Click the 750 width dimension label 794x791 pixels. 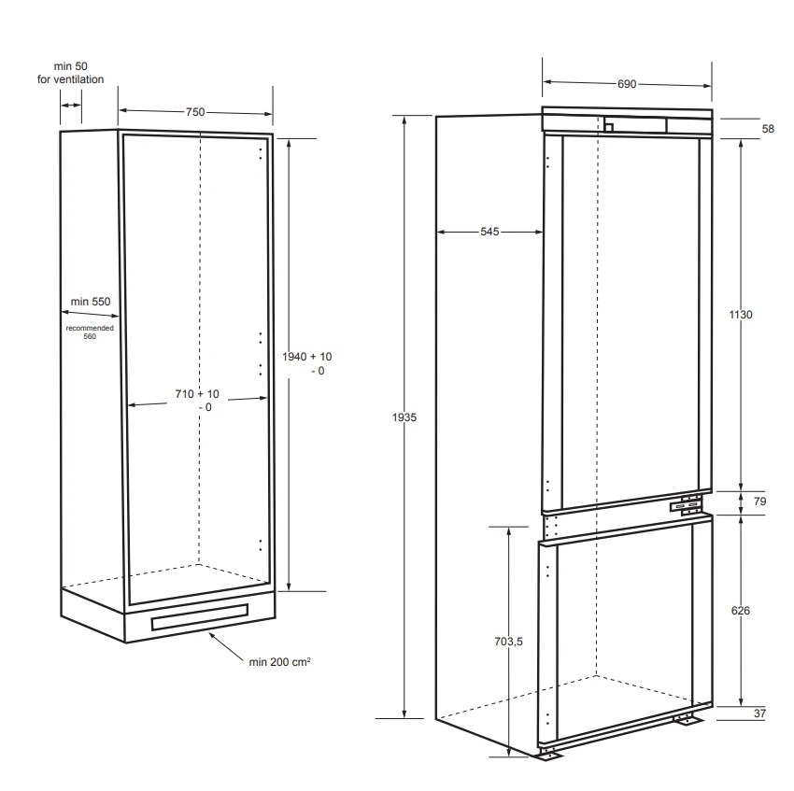click(x=195, y=112)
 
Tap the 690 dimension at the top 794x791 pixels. click(x=627, y=84)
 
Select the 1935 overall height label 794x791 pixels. click(x=404, y=417)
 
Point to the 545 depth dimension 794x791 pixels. click(x=489, y=232)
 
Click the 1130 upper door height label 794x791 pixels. click(x=741, y=315)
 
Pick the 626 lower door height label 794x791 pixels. click(x=741, y=610)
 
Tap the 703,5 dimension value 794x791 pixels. click(x=508, y=642)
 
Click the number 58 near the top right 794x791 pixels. click(x=768, y=129)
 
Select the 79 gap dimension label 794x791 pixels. click(x=759, y=501)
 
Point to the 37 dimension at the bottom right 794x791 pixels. click(x=759, y=713)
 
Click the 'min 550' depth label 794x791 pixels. click(x=90, y=302)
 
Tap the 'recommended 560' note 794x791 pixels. click(x=90, y=332)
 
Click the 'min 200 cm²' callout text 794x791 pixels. click(x=279, y=662)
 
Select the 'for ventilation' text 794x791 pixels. click(x=70, y=79)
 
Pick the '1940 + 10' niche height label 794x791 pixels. click(x=307, y=357)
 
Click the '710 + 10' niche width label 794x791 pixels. click(x=197, y=394)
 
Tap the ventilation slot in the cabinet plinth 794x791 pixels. click(x=200, y=616)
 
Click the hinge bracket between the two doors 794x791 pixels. click(x=687, y=506)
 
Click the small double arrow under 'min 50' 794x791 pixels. click(x=71, y=106)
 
